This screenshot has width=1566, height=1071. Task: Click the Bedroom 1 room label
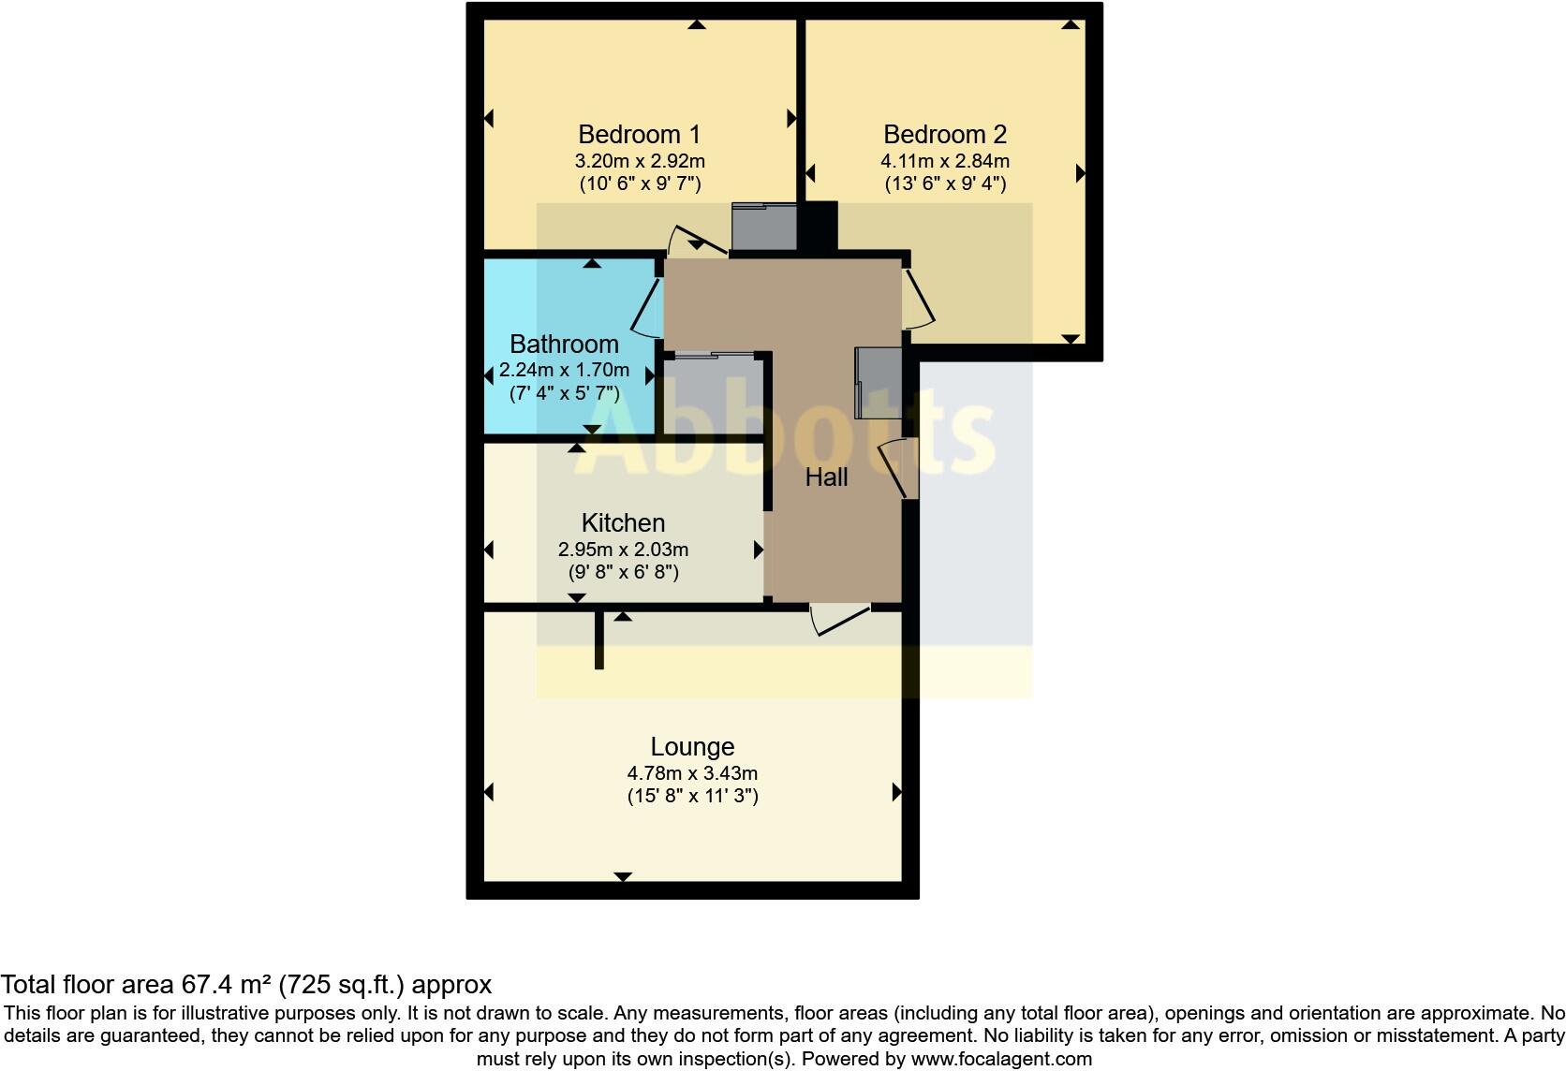tap(639, 135)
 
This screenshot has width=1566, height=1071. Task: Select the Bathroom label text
tap(564, 345)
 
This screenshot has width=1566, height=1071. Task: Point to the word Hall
tap(826, 477)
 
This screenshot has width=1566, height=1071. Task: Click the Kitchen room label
tap(623, 523)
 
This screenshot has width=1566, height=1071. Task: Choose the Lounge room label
tap(692, 747)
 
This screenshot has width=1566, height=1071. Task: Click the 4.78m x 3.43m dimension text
tap(692, 773)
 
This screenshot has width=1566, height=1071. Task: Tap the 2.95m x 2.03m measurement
tap(623, 550)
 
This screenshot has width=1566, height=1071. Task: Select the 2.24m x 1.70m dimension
tap(564, 370)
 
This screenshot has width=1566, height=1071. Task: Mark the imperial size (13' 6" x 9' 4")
tap(945, 183)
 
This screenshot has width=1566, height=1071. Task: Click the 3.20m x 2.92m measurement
tap(640, 161)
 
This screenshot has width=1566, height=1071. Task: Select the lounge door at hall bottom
tap(840, 621)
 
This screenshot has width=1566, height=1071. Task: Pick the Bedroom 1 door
tap(698, 240)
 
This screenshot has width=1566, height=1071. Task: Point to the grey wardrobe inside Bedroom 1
tap(763, 227)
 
